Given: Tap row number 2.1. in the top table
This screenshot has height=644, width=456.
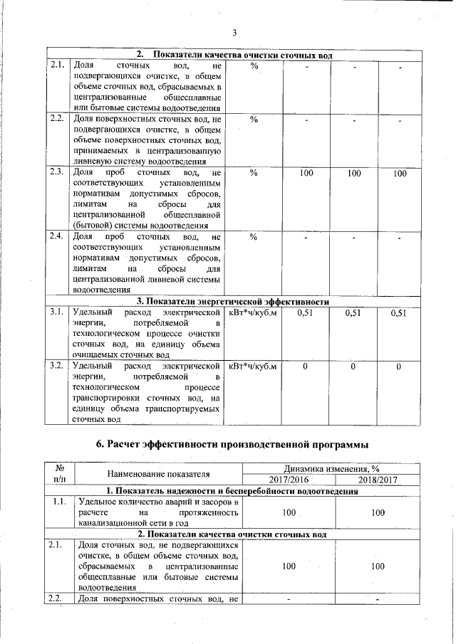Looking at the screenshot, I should coord(58,65).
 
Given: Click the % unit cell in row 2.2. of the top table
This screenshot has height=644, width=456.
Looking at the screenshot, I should coord(253,119).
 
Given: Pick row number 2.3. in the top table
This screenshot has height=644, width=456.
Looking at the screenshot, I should coord(58,172).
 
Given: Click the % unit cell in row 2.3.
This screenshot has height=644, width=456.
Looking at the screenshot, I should coord(253,173).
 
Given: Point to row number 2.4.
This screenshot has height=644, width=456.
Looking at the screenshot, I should coord(58,236).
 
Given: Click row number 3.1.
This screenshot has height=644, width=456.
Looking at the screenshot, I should coord(58,312).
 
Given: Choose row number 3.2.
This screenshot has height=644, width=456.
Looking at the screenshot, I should coord(58,366).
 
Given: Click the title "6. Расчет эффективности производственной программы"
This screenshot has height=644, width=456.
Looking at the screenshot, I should coord(232,445).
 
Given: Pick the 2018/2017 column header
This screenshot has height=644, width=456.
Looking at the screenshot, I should coord(378,480).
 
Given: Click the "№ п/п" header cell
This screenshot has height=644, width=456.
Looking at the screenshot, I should coord(60,474).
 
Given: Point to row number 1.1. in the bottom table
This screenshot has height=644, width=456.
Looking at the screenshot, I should coord(60,502).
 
